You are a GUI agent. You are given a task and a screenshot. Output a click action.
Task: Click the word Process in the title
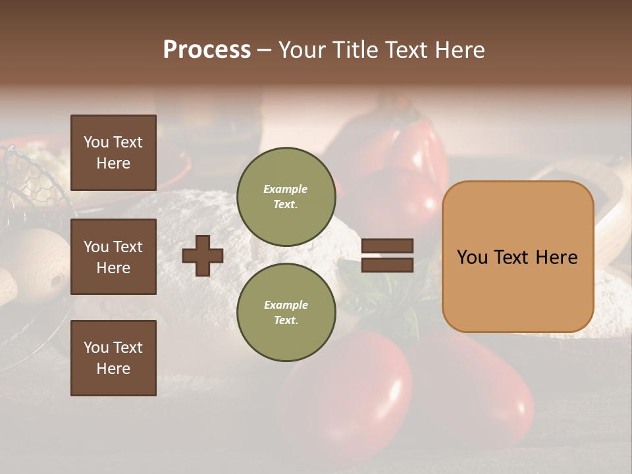point(207,50)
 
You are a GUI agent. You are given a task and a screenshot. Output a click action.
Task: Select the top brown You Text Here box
point(113,153)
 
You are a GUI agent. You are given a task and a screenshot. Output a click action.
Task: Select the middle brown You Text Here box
point(113,257)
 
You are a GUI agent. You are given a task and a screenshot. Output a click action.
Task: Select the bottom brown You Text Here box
point(113,358)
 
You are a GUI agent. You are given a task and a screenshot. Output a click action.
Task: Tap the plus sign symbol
point(203,255)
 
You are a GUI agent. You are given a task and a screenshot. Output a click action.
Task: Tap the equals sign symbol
point(387,255)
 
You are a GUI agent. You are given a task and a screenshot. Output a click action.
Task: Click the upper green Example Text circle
point(286,196)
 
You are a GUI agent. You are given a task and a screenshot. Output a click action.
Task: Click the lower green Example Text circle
point(286,312)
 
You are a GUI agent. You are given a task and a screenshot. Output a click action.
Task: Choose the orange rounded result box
point(517,257)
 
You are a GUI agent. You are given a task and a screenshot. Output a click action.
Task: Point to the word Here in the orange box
point(556,257)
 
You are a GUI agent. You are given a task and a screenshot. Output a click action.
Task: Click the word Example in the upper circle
point(286,189)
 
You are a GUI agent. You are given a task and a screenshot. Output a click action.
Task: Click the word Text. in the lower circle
point(286,321)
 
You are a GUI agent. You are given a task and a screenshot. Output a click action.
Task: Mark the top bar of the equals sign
point(387,246)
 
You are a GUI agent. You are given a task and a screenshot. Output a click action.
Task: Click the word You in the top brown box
point(96,142)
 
